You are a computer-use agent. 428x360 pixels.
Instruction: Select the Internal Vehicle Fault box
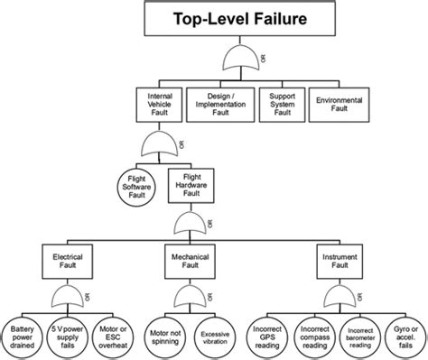tap(160, 104)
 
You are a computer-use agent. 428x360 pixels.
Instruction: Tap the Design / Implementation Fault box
tap(220, 104)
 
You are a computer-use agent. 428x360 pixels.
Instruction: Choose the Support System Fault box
tap(278, 104)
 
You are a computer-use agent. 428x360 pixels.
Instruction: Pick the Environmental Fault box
tap(337, 104)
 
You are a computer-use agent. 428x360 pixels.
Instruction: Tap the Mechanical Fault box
tap(191, 262)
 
